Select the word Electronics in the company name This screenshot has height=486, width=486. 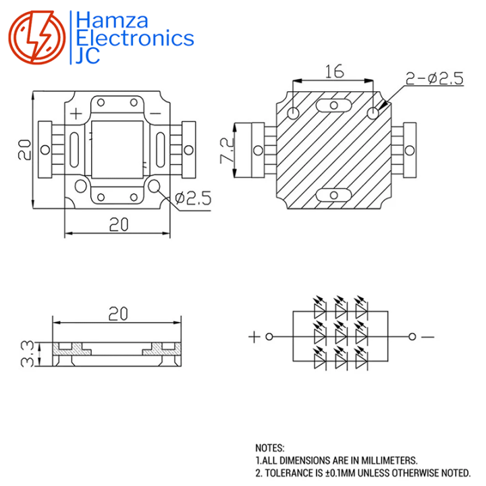(135, 38)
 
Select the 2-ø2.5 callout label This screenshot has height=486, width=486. (434, 79)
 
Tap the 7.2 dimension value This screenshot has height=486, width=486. (227, 151)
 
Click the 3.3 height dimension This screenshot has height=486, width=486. (28, 353)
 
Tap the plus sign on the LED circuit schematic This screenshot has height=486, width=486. (254, 336)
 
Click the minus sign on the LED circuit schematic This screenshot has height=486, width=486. (429, 336)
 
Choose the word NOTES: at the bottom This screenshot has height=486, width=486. (270, 448)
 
